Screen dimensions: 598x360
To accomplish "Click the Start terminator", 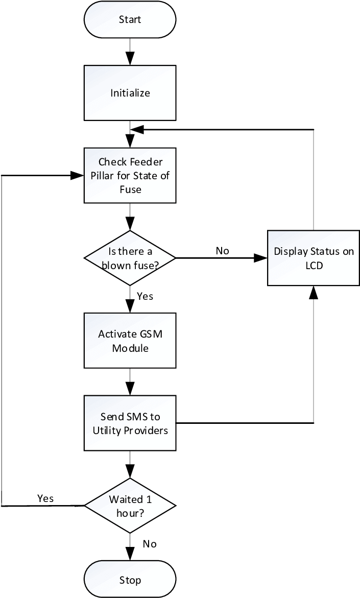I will (130, 19).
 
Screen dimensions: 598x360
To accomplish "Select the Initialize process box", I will (130, 93).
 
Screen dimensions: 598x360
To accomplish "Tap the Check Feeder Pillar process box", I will (130, 176).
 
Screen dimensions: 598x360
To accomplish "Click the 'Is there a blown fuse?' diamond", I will (130, 258).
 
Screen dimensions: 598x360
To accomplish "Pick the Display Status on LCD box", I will (314, 258).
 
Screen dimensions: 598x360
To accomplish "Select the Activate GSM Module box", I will (130, 341).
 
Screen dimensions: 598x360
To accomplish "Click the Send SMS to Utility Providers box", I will (130, 423).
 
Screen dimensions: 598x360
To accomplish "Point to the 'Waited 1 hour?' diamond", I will (130, 506).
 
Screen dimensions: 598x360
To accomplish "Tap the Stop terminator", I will (130, 580).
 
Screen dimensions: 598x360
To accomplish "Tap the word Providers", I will (147, 430).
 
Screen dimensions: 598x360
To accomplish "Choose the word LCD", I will (314, 266).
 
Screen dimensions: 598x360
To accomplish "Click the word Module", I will (130, 348).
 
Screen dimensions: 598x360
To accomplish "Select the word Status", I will (325, 251).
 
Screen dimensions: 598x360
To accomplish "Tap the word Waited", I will (123, 499).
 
